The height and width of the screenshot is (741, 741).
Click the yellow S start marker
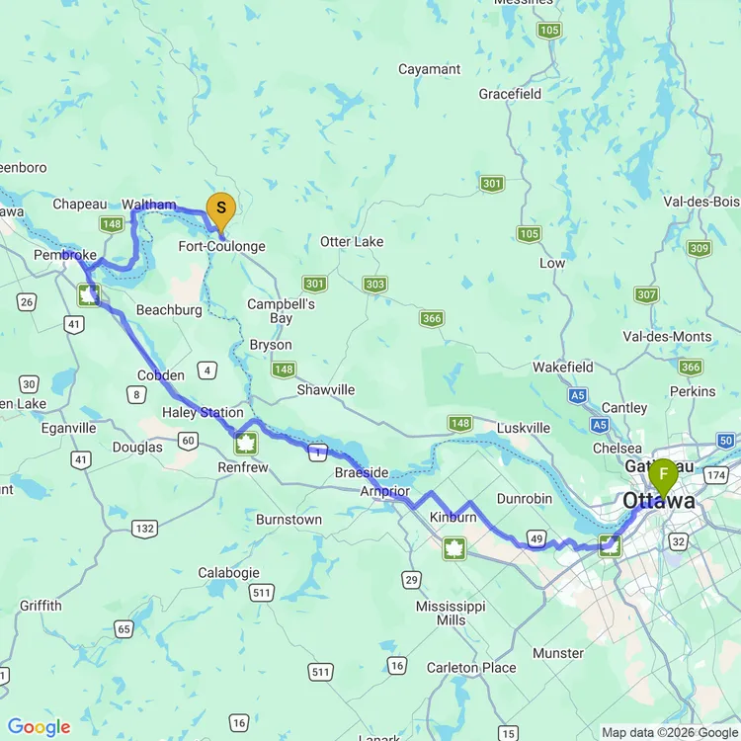click(220, 208)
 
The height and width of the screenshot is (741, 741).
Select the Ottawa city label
click(658, 502)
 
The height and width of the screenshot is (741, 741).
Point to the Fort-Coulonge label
click(221, 246)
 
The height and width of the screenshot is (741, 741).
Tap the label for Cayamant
click(429, 69)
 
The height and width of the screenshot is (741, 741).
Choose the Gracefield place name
click(510, 94)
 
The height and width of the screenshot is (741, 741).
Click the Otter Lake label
click(352, 242)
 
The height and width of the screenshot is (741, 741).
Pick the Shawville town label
click(326, 389)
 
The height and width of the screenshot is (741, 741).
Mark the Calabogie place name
click(228, 573)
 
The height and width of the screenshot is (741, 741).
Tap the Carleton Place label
click(471, 668)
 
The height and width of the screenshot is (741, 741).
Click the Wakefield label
click(563, 367)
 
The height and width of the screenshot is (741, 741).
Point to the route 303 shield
click(374, 285)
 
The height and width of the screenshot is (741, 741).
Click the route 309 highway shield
click(700, 248)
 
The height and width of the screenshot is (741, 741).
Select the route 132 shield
click(144, 529)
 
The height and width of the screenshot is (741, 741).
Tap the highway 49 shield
click(536, 538)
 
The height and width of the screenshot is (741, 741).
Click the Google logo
click(39, 728)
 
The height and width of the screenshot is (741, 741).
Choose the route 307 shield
click(646, 294)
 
